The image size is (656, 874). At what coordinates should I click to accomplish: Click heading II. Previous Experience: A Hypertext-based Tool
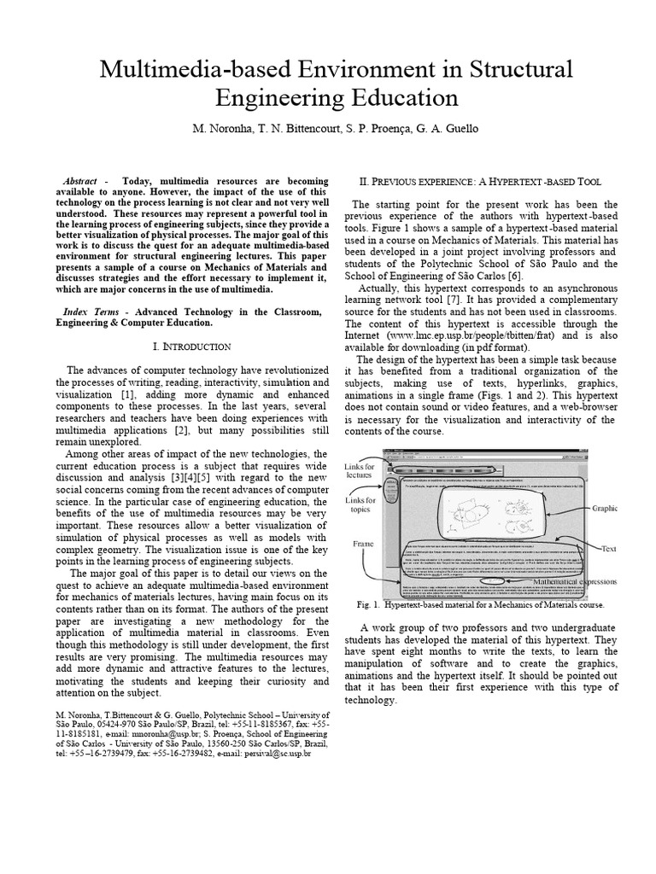pos(481,182)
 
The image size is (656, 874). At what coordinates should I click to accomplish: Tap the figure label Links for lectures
pos(359,472)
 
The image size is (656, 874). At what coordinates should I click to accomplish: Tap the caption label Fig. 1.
pos(367,604)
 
